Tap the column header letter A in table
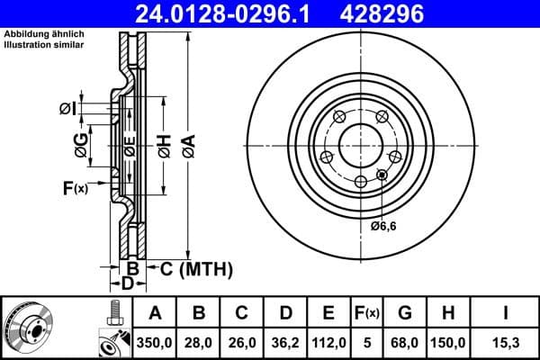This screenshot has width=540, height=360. tap(156, 313)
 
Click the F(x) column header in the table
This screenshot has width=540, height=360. tap(368, 313)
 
